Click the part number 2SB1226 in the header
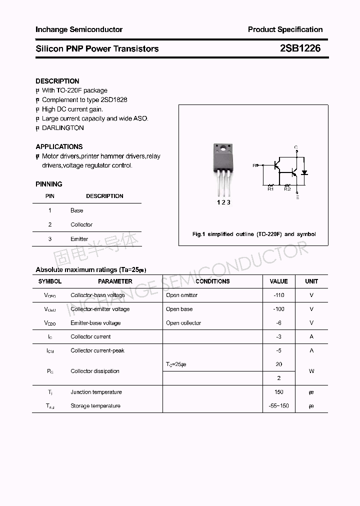coord(300,48)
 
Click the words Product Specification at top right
coord(285,29)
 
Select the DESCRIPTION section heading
coord(57,81)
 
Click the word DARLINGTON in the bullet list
coord(63,128)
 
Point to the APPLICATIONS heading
coord(59,146)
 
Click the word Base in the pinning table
coord(77,210)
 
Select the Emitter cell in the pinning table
coord(79,239)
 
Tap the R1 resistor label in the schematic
coord(270,189)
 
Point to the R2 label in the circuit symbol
coord(287,189)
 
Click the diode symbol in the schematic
coord(304,172)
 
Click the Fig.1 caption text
coord(254,234)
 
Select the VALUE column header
coord(279,281)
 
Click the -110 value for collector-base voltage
coord(279,295)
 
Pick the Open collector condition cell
coord(183,323)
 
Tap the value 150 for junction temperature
coord(279,392)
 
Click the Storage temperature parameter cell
coord(95,406)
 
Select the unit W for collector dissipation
coord(311,371)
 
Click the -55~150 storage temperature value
coord(279,406)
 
